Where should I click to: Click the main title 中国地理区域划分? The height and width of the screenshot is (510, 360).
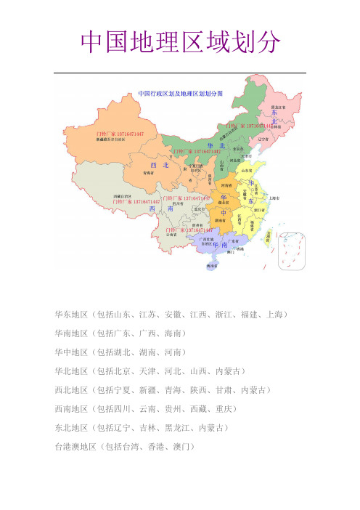pos(179,43)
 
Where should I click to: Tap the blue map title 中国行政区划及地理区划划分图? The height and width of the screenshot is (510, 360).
pos(180,94)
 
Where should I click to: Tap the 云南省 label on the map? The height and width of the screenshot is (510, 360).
pos(171,235)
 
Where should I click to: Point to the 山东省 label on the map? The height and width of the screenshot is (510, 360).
pos(246,170)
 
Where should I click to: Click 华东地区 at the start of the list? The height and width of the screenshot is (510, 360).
pos(67,315)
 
